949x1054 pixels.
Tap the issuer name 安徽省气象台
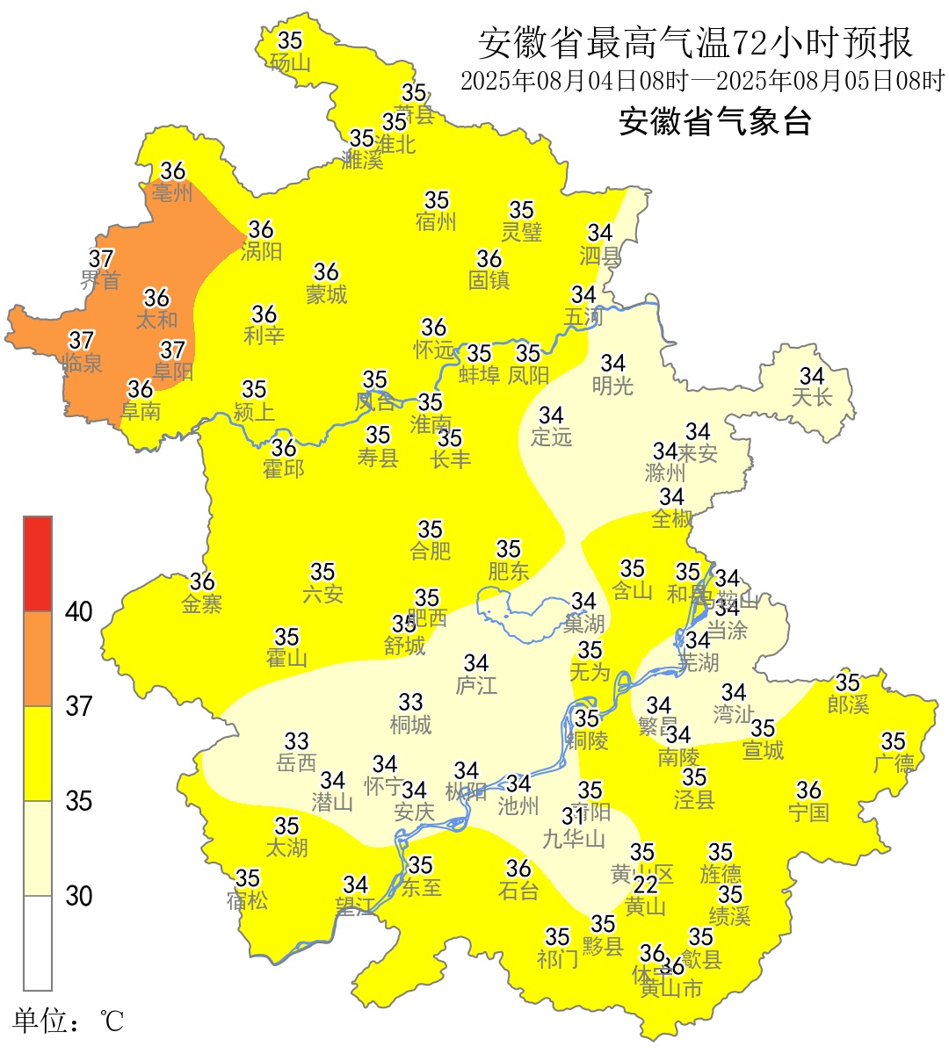tap(714, 121)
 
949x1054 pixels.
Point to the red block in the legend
tap(38, 564)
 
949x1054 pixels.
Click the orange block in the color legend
tap(38, 659)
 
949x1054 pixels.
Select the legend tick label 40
tap(79, 612)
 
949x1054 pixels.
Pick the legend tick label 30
tap(79, 896)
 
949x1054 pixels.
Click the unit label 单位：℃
tap(69, 1022)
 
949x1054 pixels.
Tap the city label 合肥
tap(431, 552)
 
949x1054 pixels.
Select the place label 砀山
tap(290, 62)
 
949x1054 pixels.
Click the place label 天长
tap(811, 398)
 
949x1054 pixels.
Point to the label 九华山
tap(574, 840)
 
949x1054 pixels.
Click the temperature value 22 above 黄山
tap(646, 884)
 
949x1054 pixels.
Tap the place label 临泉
tap(83, 363)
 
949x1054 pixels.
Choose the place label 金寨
tap(202, 604)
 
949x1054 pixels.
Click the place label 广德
tap(894, 764)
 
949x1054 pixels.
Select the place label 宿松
tap(247, 901)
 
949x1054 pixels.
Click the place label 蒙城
tap(326, 295)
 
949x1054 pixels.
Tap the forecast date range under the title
tap(702, 82)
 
